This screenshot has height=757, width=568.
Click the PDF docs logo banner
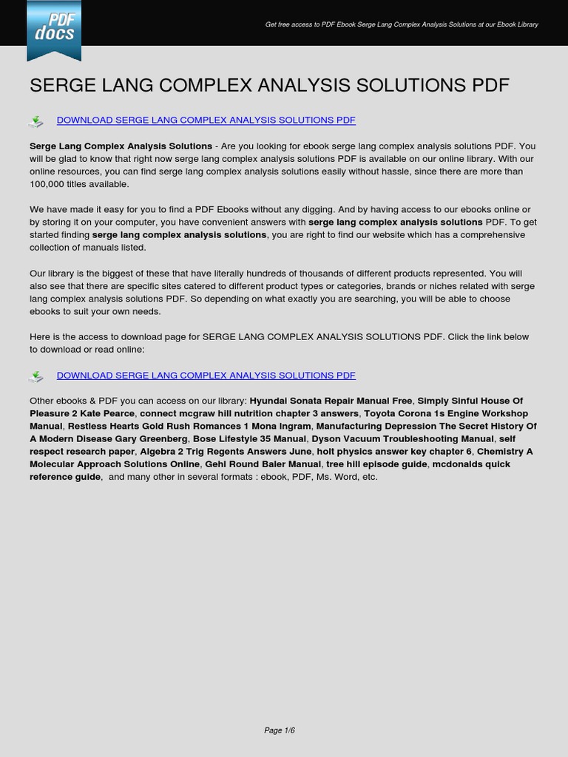pyautogui.click(x=54, y=30)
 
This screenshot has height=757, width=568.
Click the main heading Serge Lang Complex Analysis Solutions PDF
pyautogui.click(x=269, y=85)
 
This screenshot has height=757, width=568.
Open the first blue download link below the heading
pyautogui.click(x=206, y=120)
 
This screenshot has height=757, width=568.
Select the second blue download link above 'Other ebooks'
pyautogui.click(x=206, y=376)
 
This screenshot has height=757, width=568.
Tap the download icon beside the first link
pyautogui.click(x=35, y=121)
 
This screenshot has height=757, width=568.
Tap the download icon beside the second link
pyautogui.click(x=35, y=377)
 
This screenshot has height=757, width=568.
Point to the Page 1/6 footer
pyautogui.click(x=280, y=730)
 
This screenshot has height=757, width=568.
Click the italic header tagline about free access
pyautogui.click(x=402, y=24)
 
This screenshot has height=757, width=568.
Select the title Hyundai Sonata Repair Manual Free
pyautogui.click(x=331, y=401)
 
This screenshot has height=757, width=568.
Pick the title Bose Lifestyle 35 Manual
pyautogui.click(x=249, y=438)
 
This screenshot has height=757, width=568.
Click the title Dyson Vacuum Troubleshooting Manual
pyautogui.click(x=402, y=438)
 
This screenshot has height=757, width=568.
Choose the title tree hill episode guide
pyautogui.click(x=376, y=464)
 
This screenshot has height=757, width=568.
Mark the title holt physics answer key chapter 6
pyautogui.click(x=393, y=451)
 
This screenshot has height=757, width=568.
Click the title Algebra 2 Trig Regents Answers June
pyautogui.click(x=226, y=451)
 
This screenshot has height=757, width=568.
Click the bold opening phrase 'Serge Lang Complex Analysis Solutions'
pyautogui.click(x=121, y=146)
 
